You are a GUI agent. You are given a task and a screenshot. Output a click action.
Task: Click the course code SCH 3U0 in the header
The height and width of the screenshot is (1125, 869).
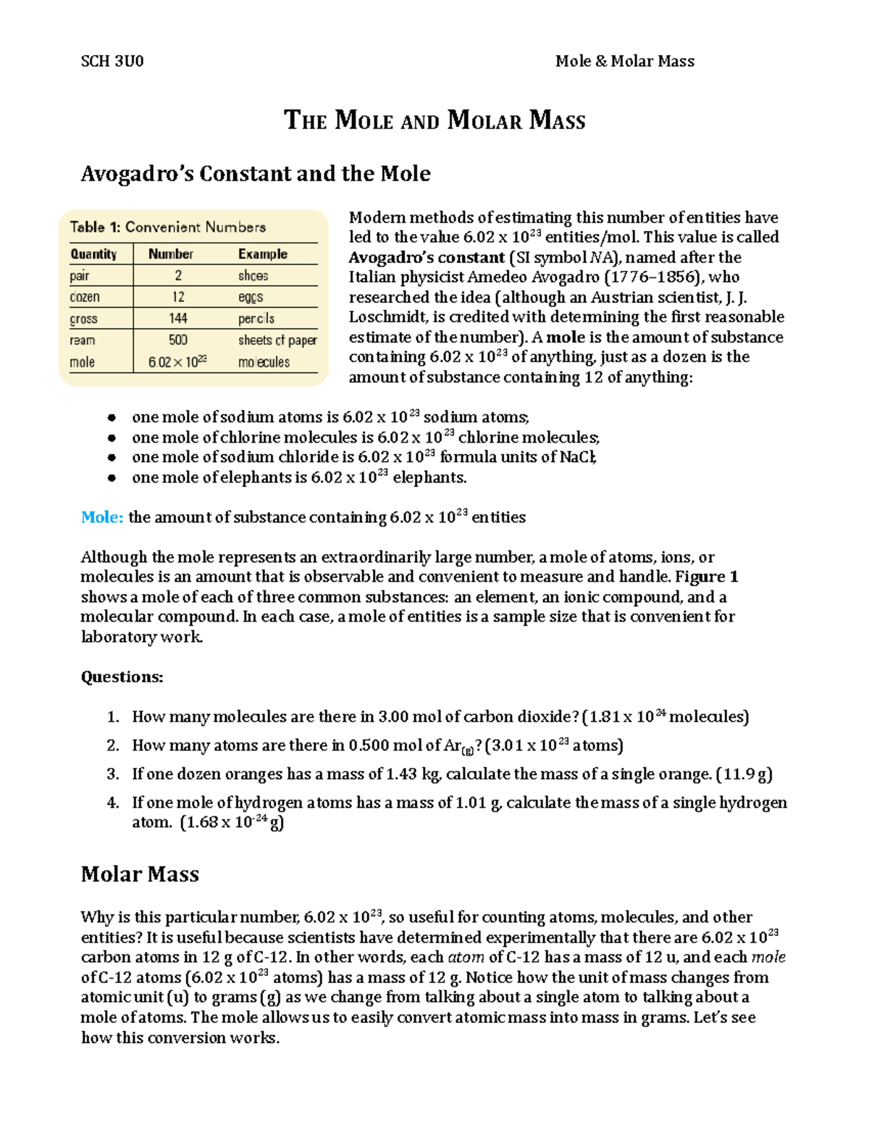[x=112, y=62]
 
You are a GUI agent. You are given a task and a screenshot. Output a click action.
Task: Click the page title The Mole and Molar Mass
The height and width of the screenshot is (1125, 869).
[x=434, y=120]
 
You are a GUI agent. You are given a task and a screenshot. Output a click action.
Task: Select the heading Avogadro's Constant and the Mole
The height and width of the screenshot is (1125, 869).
[x=256, y=174]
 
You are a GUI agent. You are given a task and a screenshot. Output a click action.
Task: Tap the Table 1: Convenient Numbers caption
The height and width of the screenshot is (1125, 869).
[x=167, y=227]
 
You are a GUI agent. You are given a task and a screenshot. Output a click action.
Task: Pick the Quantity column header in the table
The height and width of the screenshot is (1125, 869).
[x=93, y=254]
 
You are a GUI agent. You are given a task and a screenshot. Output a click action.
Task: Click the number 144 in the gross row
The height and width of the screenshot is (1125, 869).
[x=178, y=319]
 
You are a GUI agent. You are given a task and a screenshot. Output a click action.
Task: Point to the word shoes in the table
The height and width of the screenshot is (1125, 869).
[x=253, y=276]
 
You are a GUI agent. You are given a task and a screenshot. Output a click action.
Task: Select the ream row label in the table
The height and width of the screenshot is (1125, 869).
[x=82, y=340]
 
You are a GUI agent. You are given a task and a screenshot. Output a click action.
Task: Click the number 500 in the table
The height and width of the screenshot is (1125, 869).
[x=178, y=340]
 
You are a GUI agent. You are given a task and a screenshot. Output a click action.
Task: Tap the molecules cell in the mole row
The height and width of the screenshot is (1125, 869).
[x=264, y=362]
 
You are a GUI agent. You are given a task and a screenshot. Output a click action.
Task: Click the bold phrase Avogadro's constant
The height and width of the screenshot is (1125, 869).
[x=427, y=258]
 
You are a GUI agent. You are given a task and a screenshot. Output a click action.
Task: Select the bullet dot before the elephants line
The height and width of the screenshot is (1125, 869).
[x=112, y=478]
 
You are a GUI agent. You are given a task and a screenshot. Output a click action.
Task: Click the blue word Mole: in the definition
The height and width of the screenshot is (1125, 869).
[x=102, y=517]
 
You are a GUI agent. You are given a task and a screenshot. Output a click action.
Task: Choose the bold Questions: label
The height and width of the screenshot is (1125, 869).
[x=122, y=677]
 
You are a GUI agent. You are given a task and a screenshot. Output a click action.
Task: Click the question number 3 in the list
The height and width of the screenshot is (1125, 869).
[x=112, y=774]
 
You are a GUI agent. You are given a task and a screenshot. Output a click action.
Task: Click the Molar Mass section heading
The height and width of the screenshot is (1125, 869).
[x=140, y=874]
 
